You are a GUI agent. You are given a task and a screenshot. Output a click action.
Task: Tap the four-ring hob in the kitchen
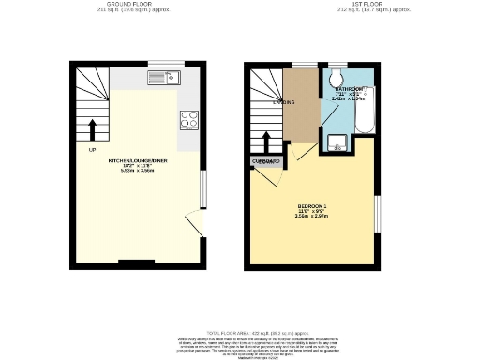tap(188, 119)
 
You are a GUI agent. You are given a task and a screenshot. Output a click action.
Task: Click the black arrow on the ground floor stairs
tap(92, 129)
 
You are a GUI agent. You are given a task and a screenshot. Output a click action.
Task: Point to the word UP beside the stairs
tap(92, 150)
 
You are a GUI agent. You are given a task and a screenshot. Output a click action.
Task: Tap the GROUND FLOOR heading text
tap(130, 4)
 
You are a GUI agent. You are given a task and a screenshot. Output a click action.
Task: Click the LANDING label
tap(284, 102)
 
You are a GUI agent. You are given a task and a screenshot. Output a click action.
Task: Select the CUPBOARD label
tap(266, 161)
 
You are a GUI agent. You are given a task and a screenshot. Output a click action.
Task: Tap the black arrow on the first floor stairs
tap(269, 142)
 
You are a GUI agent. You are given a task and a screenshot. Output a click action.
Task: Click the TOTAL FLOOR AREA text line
tap(240, 332)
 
